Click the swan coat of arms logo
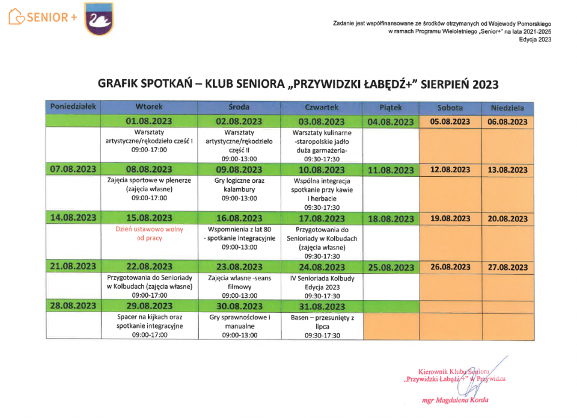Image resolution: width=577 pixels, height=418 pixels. [x=99, y=18]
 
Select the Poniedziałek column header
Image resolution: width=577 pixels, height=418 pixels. [x=73, y=107]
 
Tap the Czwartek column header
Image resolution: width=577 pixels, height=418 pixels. [x=322, y=107]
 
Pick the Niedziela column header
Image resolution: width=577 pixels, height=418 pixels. [x=507, y=108]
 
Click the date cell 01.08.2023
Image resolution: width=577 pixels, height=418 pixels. [x=149, y=121]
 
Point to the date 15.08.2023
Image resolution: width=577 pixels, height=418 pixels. [x=149, y=218]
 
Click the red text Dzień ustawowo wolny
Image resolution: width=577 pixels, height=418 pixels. [x=149, y=229]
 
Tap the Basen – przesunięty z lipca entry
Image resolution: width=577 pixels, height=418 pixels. [x=322, y=325]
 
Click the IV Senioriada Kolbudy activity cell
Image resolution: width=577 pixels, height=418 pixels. [x=322, y=287]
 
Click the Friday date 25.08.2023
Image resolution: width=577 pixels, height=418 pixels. [x=391, y=268]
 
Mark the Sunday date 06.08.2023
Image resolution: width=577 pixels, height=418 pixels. [x=507, y=121]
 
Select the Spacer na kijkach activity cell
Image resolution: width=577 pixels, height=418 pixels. [x=149, y=325]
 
